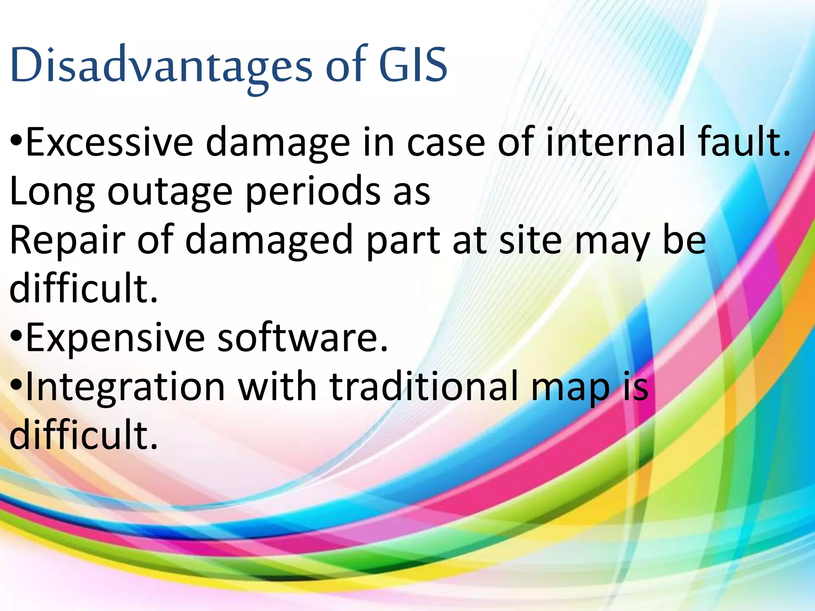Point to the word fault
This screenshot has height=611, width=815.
click(x=743, y=142)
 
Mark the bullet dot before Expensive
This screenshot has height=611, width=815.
click(x=16, y=337)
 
